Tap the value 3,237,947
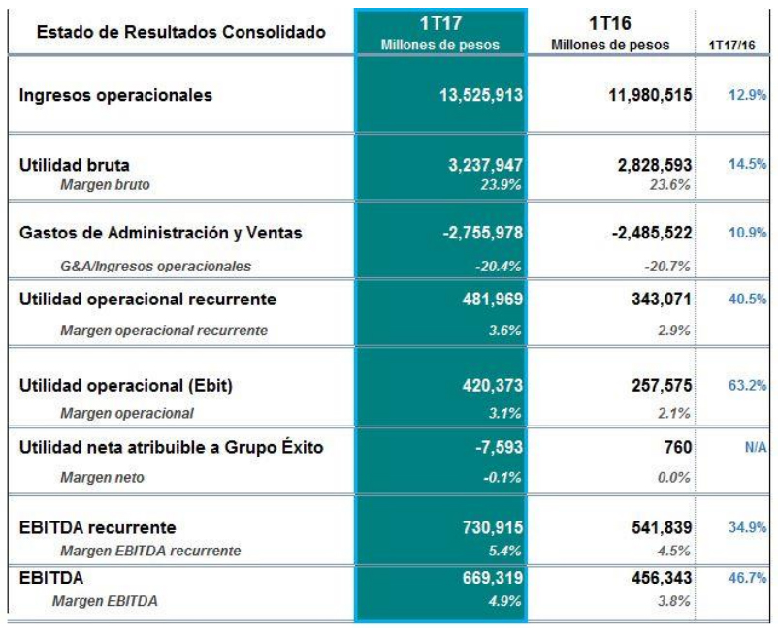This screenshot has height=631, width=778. [482, 165]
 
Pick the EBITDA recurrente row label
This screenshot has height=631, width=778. [97, 527]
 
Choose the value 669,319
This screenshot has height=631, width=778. [490, 578]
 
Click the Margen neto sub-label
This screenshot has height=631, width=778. [98, 477]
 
